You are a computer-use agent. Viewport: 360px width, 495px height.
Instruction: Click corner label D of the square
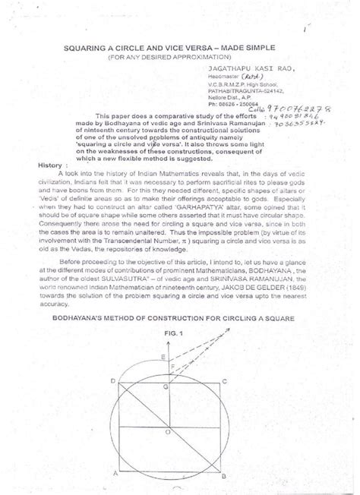pos(112,380)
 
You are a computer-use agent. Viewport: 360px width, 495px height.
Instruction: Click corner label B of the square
pos(225,475)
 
